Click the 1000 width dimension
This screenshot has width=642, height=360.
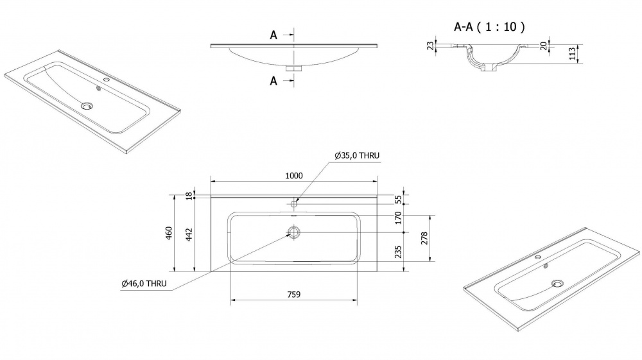pyautogui.click(x=294, y=175)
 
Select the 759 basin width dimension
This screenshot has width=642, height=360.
pyautogui.click(x=294, y=294)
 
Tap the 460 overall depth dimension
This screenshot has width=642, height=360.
pyautogui.click(x=169, y=233)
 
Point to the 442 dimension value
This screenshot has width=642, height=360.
pyautogui.click(x=189, y=235)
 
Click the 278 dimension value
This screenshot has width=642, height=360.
pyautogui.click(x=424, y=239)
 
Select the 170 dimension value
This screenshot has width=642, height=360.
pyautogui.click(x=398, y=218)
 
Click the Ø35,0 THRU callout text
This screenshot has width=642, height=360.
pyautogui.click(x=356, y=155)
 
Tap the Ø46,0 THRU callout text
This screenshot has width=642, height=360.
pyautogui.click(x=144, y=283)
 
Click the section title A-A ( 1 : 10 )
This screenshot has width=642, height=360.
pyautogui.click(x=489, y=27)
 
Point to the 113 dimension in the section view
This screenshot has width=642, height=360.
pyautogui.click(x=572, y=54)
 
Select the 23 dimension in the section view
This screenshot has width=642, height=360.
pyautogui.click(x=430, y=46)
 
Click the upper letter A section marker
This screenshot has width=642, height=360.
pyautogui.click(x=273, y=35)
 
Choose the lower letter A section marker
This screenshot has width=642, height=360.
pyautogui.click(x=273, y=81)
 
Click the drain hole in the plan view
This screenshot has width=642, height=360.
pyautogui.click(x=293, y=233)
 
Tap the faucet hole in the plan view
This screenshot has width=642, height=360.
pyautogui.click(x=293, y=203)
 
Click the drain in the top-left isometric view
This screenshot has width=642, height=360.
pyautogui.click(x=87, y=106)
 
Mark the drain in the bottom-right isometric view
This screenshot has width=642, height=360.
pyautogui.click(x=557, y=283)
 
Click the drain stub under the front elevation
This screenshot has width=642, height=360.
pyautogui.click(x=293, y=68)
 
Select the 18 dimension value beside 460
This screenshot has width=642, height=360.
pyautogui.click(x=189, y=196)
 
